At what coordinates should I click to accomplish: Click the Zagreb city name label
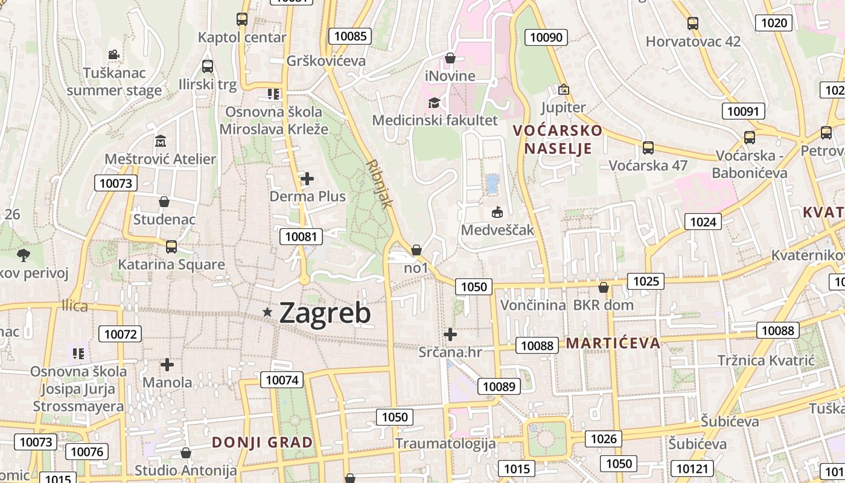click(325, 313)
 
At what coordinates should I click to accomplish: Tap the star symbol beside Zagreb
click(267, 312)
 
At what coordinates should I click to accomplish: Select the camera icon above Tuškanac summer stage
click(113, 55)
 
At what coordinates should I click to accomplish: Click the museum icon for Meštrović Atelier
click(161, 141)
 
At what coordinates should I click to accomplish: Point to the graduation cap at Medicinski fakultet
click(434, 102)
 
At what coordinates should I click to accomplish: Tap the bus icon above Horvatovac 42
click(693, 24)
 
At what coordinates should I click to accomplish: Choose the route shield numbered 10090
click(546, 37)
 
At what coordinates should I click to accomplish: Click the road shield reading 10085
click(350, 36)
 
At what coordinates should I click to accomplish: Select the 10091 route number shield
click(743, 111)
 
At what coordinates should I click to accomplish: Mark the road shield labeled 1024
click(703, 222)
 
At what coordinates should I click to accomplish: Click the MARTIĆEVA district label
click(613, 344)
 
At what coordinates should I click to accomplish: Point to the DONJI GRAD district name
click(263, 443)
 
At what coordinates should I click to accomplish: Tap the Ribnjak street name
click(379, 184)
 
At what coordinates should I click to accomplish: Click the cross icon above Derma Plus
click(307, 179)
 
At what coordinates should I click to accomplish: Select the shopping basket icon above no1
click(416, 250)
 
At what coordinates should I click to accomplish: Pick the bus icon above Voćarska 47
click(648, 147)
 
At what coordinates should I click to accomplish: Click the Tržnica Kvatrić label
click(766, 360)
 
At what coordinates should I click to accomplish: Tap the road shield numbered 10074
click(282, 380)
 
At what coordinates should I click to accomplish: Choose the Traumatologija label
click(445, 444)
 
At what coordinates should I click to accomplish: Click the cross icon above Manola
click(167, 365)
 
